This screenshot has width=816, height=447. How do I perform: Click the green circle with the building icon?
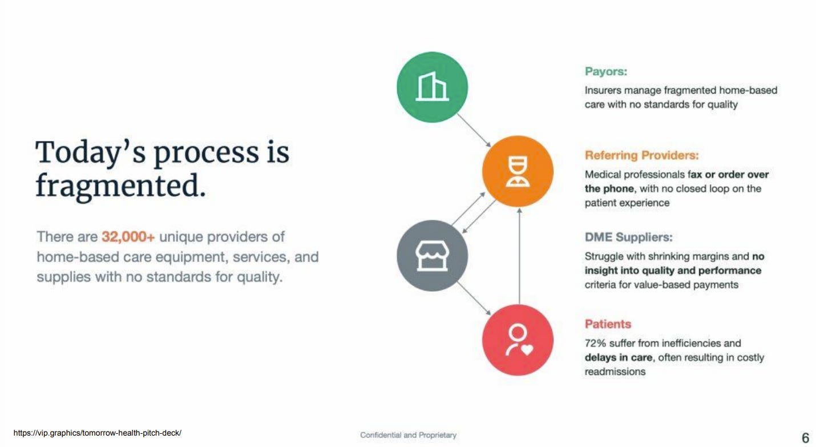(432, 87)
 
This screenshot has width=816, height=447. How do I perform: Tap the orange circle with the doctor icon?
(518, 171)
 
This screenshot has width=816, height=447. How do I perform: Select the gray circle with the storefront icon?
(432, 256)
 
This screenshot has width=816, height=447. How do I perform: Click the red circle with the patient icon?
(518, 340)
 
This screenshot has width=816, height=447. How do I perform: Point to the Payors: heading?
(605, 72)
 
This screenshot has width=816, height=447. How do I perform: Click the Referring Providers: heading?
(641, 155)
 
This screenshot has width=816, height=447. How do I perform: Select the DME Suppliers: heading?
(628, 237)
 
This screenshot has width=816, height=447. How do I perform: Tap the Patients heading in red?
(608, 324)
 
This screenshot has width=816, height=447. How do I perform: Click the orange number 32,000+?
(128, 237)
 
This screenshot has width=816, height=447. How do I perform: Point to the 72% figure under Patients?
(595, 343)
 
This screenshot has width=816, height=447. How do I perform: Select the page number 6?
(805, 438)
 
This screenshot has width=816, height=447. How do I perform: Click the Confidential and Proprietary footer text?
(408, 435)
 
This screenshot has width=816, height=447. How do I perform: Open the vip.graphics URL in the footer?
(97, 433)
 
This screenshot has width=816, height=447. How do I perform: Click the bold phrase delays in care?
(617, 357)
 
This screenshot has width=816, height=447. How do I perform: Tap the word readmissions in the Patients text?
(615, 372)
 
